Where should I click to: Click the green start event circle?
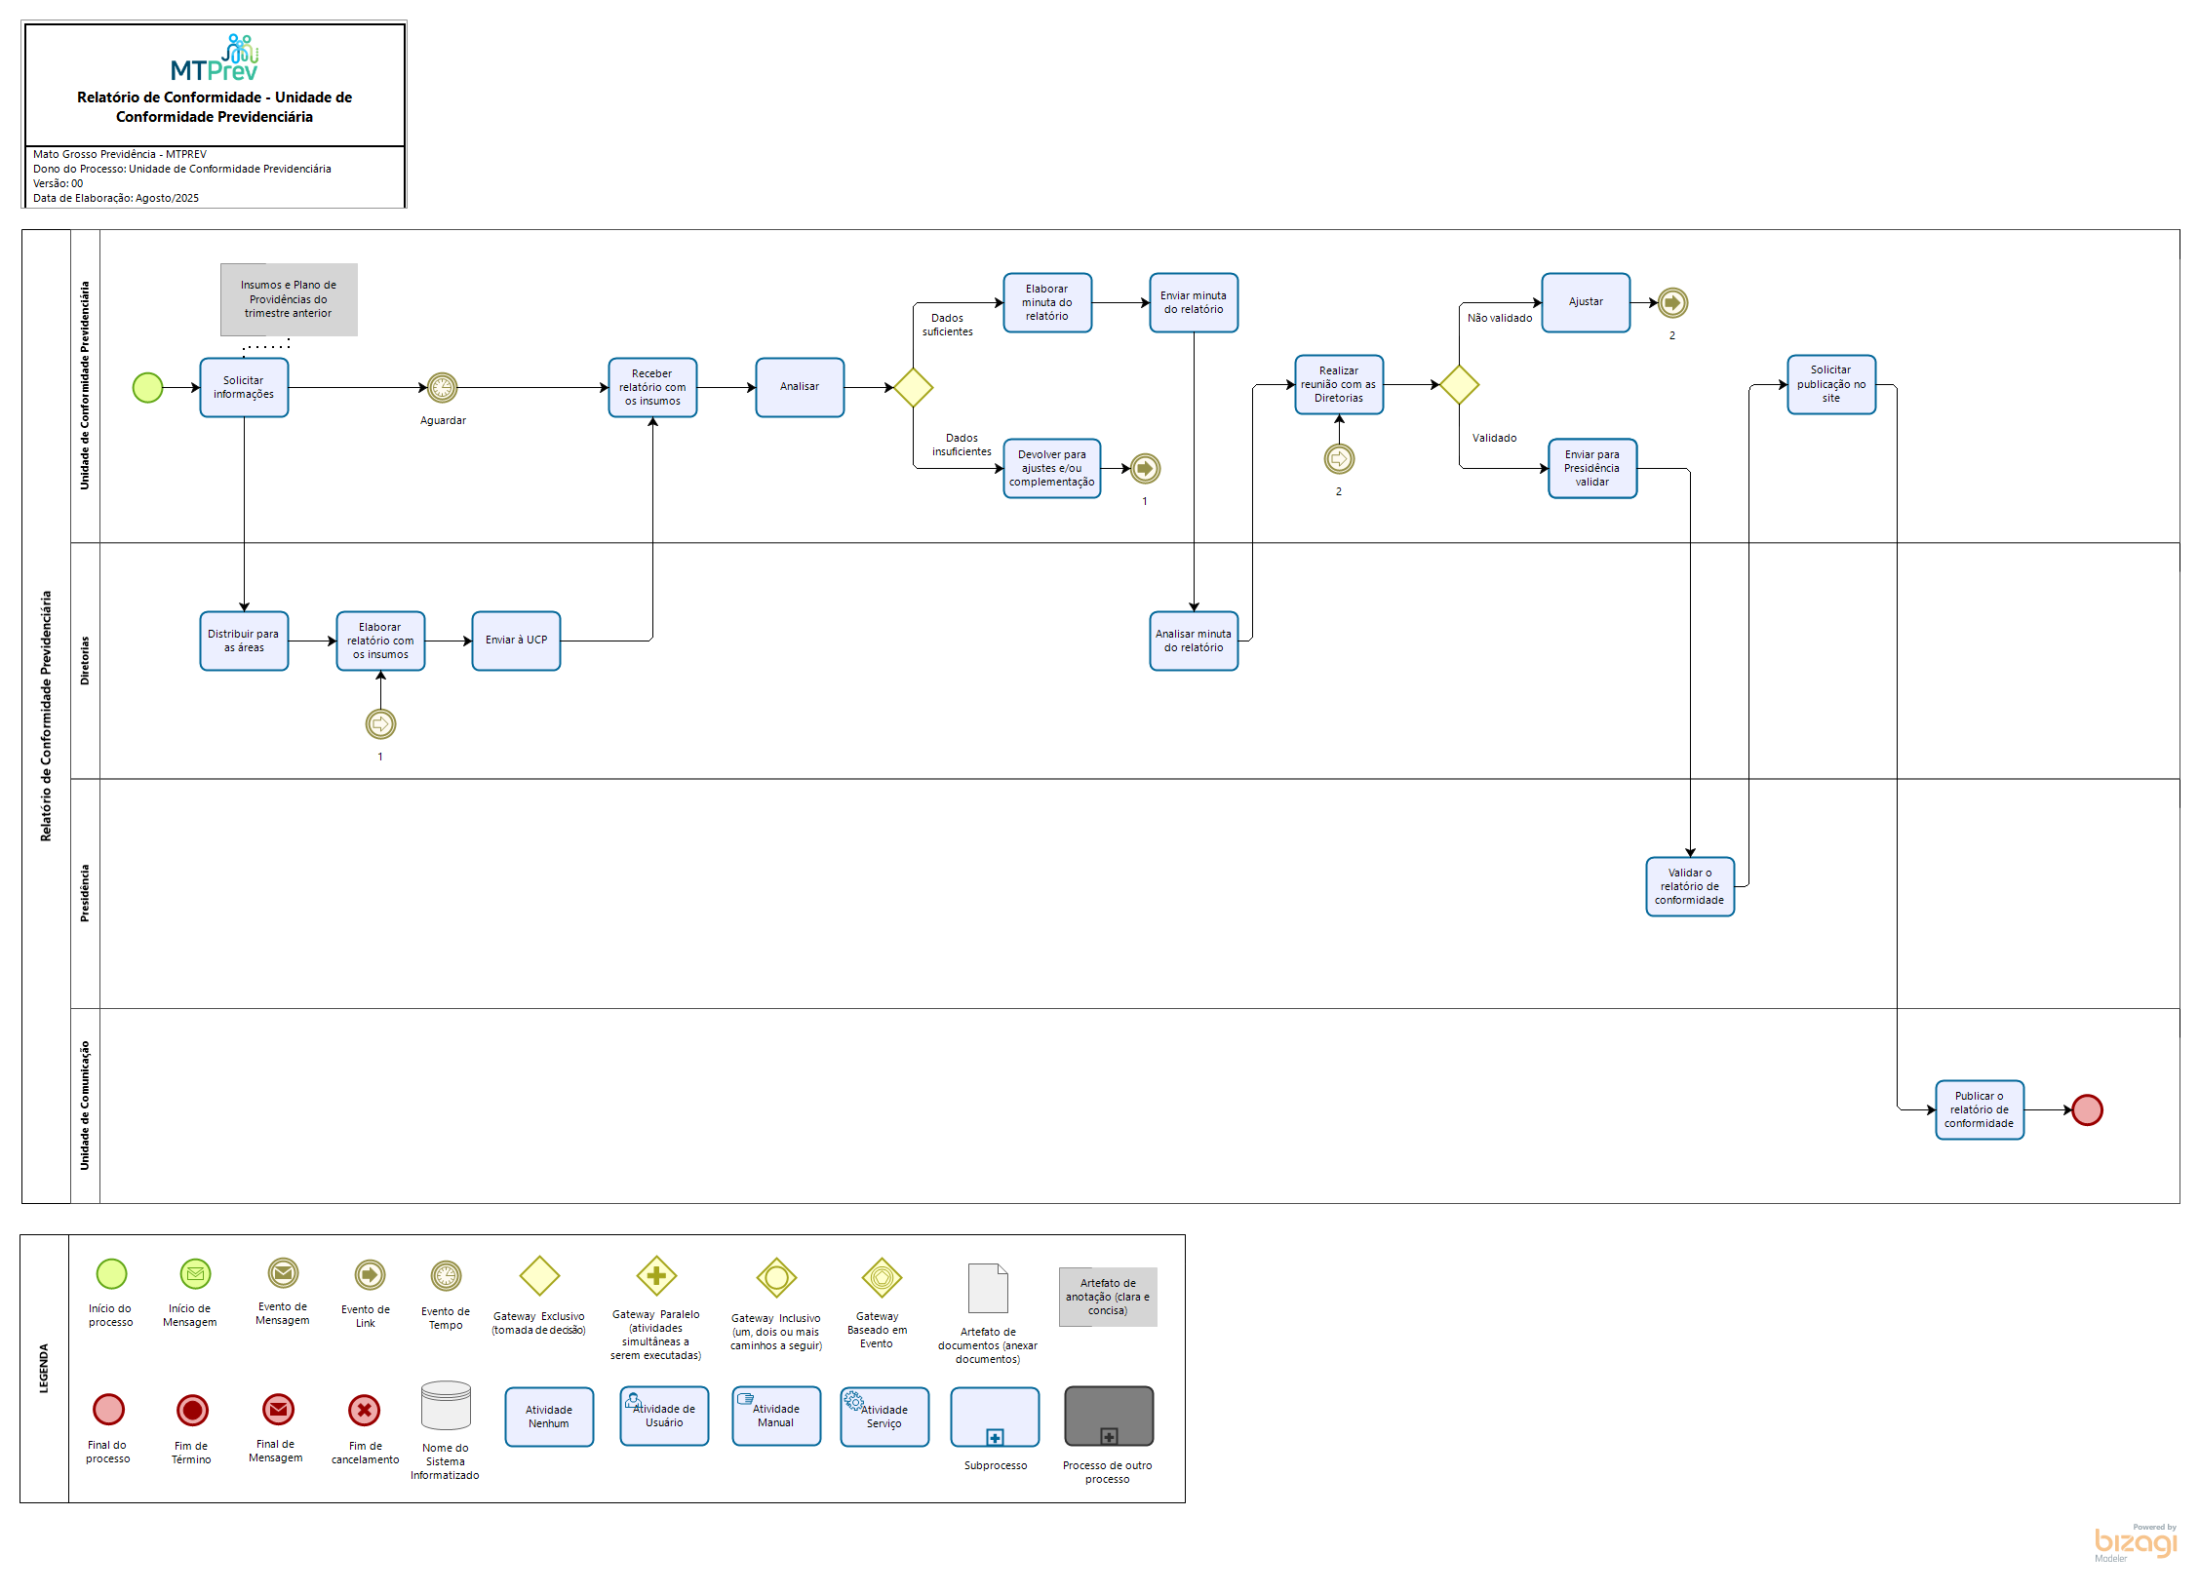147,387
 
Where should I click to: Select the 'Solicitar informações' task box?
244,387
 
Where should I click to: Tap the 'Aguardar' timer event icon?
442,387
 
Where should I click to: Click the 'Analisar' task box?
800,387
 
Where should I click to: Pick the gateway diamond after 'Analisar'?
913,387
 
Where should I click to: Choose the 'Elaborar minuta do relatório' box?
1046,302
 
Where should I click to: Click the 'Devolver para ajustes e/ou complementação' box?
1051,468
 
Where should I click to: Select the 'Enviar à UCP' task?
516,641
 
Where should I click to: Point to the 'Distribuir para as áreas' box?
244,641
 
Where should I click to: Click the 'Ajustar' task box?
1586,302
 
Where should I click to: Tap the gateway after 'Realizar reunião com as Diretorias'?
1459,384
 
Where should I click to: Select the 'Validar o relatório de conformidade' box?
1689,886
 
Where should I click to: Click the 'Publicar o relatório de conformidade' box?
1979,1109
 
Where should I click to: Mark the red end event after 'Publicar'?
2087,1109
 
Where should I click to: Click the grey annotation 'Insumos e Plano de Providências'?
289,299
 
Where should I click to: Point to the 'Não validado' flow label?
1499,318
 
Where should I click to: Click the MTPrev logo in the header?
215,58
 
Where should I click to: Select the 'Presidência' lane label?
85,893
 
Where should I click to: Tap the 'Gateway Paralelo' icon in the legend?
656,1275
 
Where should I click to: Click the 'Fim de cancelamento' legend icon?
364,1410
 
